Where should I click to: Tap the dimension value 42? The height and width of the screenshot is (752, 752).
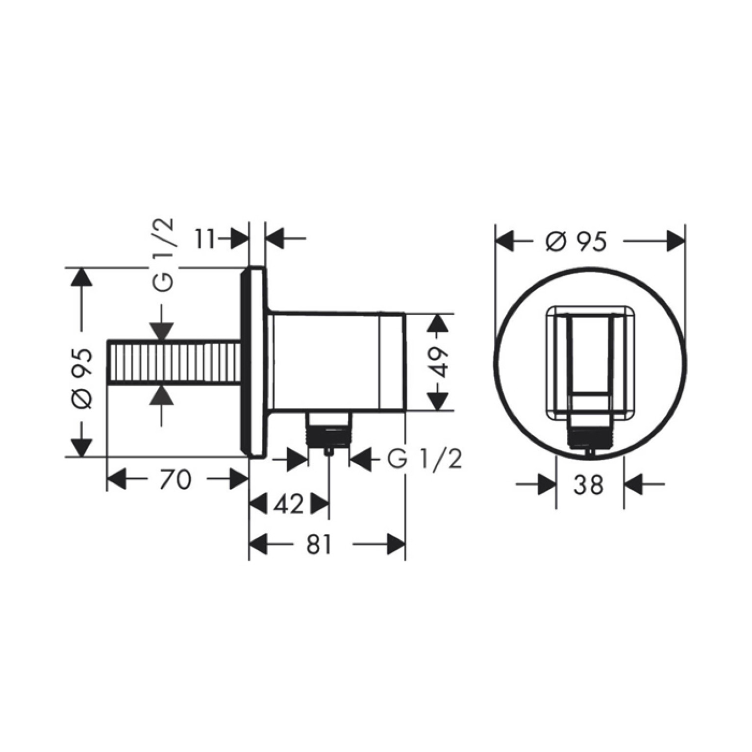point(289,504)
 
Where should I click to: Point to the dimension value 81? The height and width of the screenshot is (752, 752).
point(319,544)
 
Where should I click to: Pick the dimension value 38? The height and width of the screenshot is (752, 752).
point(589,485)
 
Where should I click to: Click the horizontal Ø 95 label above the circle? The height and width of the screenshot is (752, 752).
point(576,242)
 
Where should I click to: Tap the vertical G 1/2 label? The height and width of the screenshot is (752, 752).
point(164,255)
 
